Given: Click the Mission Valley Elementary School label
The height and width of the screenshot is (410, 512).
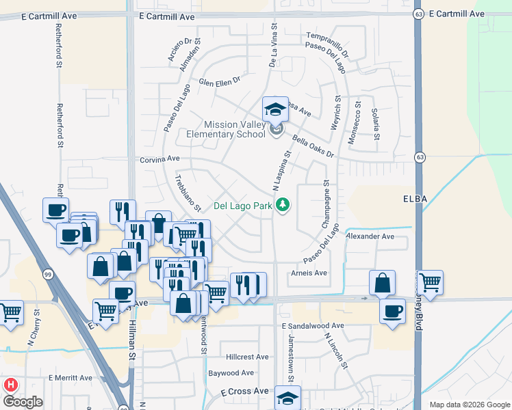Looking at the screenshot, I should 226,129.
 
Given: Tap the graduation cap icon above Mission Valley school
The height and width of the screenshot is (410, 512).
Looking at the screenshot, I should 274,109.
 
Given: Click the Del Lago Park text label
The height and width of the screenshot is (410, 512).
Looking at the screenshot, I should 243,205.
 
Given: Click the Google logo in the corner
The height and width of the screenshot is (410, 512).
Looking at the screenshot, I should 23,402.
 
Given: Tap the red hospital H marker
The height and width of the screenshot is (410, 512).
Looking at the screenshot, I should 10,385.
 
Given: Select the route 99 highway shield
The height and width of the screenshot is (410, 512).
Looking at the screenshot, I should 47,274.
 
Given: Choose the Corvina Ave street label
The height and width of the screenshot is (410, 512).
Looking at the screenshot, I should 159,159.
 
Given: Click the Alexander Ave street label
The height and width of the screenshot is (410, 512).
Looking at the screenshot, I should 370,236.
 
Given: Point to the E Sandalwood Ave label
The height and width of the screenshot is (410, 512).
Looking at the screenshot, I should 312,326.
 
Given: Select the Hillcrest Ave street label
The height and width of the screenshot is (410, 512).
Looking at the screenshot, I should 248,357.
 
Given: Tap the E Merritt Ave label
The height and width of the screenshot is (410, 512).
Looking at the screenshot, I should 70,378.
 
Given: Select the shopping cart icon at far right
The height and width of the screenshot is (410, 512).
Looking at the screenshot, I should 430,282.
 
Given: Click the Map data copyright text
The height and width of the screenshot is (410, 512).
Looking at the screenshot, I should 470,405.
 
